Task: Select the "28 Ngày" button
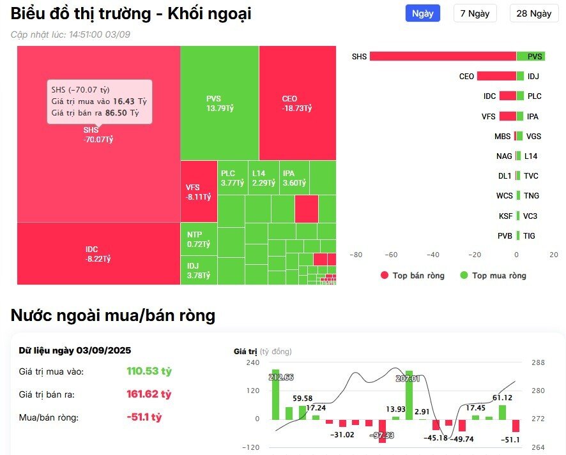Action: tap(533, 13)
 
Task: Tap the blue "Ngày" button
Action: tap(422, 13)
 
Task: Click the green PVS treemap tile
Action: tap(219, 103)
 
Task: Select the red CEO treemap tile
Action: tap(297, 103)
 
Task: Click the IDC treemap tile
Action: tap(98, 253)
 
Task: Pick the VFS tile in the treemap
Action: tap(199, 191)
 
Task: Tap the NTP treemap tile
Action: tap(199, 239)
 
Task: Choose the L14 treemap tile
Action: tap(263, 178)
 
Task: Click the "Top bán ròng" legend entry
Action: tap(413, 276)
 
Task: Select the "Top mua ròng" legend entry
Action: tap(493, 276)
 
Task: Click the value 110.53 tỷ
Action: tap(149, 371)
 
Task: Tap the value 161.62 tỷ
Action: tap(149, 394)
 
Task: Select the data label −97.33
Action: tap(383, 435)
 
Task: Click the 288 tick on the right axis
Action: tap(537, 362)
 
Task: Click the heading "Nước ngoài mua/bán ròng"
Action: tap(113, 315)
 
